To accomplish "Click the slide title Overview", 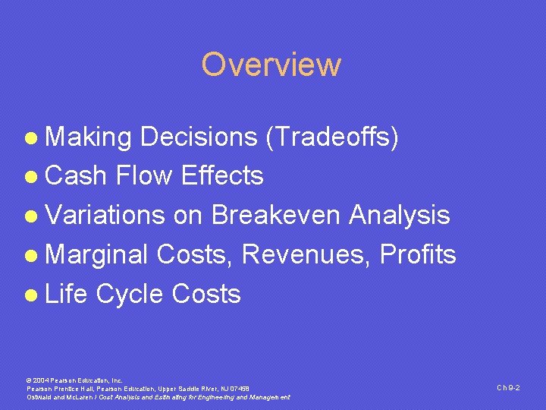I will click(x=271, y=65).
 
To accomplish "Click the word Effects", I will click(x=222, y=176).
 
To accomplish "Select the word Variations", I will click(x=105, y=216).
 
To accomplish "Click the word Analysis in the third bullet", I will click(x=400, y=216).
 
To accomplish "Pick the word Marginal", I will click(x=98, y=255).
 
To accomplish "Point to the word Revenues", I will click(x=309, y=255).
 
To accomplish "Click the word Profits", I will click(x=418, y=255).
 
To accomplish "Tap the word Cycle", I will click(x=130, y=295).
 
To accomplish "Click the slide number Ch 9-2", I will click(x=508, y=388).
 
